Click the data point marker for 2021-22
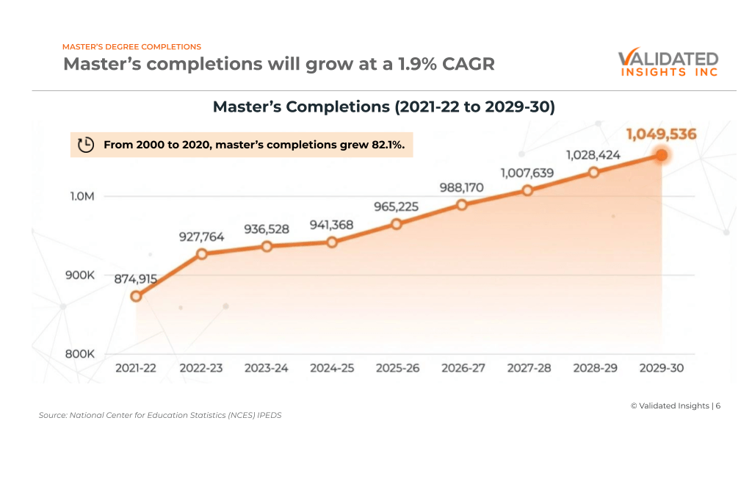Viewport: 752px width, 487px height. [x=136, y=296]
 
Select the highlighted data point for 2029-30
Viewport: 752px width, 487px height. [x=661, y=155]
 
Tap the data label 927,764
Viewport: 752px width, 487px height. [x=201, y=237]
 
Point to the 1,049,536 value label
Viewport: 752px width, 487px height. [x=661, y=134]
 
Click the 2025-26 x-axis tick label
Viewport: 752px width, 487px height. [x=397, y=368]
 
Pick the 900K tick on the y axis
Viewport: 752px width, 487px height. [x=80, y=275]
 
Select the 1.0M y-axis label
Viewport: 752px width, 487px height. [x=82, y=196]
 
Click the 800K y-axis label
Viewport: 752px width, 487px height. [x=80, y=353]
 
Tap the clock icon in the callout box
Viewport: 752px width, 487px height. [x=86, y=145]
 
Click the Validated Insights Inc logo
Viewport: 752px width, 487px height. [x=668, y=63]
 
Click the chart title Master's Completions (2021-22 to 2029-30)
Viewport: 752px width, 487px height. [x=383, y=107]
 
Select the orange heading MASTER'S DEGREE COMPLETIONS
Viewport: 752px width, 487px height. [x=131, y=47]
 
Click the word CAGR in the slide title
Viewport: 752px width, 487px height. [x=468, y=64]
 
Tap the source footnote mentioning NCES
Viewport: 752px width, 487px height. [x=160, y=415]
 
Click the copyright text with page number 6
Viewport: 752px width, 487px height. [x=675, y=405]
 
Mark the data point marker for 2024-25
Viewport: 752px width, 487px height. [x=332, y=242]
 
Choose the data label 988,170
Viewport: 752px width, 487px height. [x=462, y=187]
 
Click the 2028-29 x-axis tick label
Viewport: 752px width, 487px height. [x=595, y=368]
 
